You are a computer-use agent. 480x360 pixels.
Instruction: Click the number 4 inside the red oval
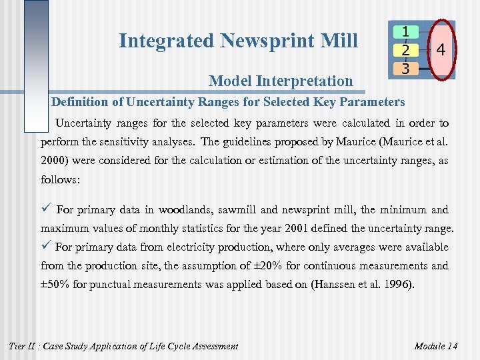coord(441,50)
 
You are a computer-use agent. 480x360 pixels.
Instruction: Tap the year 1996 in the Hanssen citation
coord(397,285)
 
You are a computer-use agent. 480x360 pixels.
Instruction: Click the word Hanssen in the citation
coord(341,285)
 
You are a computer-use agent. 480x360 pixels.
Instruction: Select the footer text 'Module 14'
coord(435,346)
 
